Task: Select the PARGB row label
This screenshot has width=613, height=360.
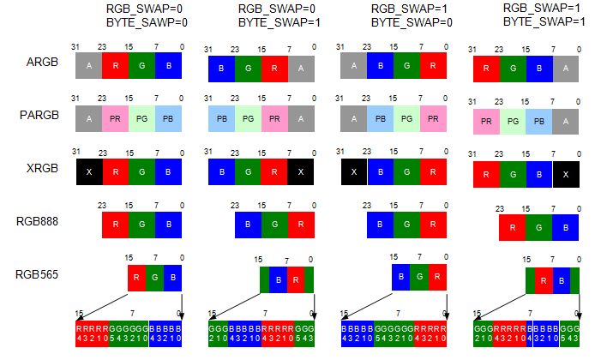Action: (x=38, y=116)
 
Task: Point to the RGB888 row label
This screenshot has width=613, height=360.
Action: (x=37, y=220)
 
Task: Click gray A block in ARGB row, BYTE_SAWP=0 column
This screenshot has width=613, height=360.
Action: (x=89, y=64)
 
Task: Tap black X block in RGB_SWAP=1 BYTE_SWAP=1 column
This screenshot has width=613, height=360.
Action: (x=566, y=174)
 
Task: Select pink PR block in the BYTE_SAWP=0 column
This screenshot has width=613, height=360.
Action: (x=115, y=117)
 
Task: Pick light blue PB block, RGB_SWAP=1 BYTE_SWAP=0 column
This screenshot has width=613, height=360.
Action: (x=380, y=119)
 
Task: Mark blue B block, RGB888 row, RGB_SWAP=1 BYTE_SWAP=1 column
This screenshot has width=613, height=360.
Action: (x=566, y=228)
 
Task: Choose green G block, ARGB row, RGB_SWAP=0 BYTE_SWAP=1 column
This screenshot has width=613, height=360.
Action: (x=248, y=67)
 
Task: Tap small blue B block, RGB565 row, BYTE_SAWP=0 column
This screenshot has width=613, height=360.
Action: (x=174, y=278)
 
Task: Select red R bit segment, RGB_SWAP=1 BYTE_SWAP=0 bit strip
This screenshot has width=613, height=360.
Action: (x=432, y=333)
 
